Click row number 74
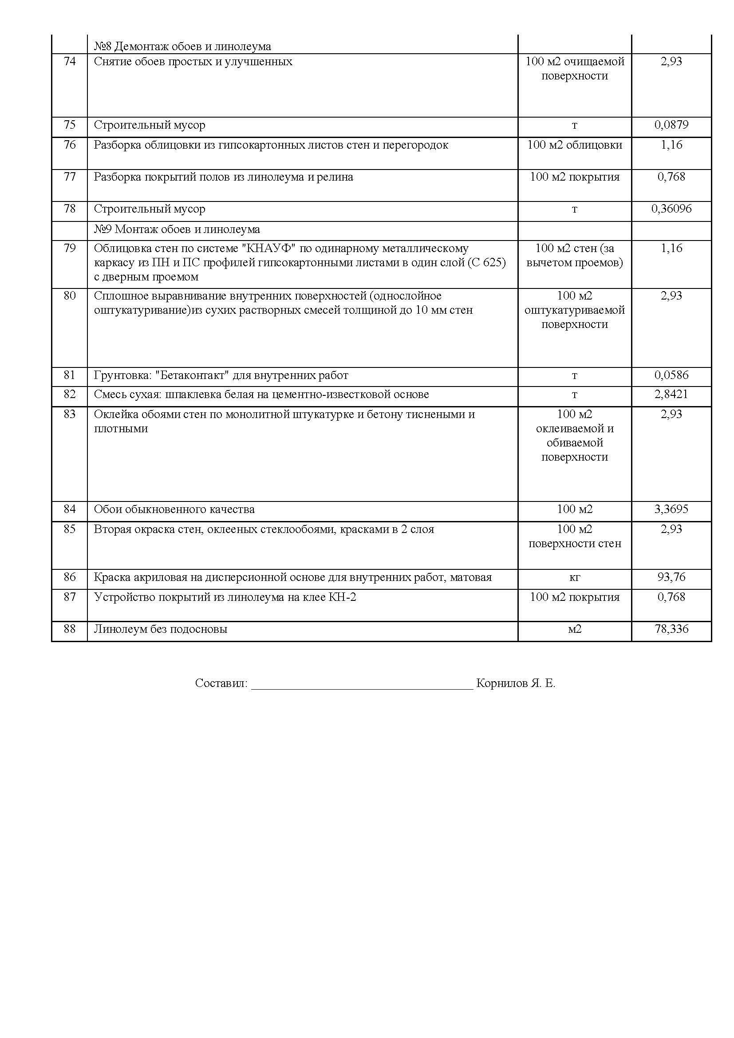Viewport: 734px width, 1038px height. pyautogui.click(x=70, y=62)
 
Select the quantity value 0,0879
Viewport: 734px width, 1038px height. pyautogui.click(x=671, y=125)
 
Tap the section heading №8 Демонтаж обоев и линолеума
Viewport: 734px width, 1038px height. pyautogui.click(x=182, y=46)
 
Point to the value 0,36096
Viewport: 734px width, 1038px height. pyautogui.click(x=671, y=209)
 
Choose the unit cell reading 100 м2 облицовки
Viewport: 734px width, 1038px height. pyautogui.click(x=574, y=145)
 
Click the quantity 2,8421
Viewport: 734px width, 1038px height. pyautogui.click(x=671, y=394)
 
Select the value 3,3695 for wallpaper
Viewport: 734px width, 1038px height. pyautogui.click(x=671, y=509)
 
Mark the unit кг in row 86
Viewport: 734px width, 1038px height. pyautogui.click(x=574, y=577)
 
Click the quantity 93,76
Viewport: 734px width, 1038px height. pyautogui.click(x=671, y=577)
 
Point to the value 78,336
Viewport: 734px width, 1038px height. pyautogui.click(x=671, y=629)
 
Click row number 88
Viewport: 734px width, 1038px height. pyautogui.click(x=70, y=629)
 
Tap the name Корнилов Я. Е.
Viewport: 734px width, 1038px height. pyautogui.click(x=515, y=683)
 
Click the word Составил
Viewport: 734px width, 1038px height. pyautogui.click(x=221, y=683)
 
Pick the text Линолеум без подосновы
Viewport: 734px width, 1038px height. pyautogui.click(x=161, y=629)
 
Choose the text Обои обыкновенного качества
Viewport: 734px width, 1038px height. pyautogui.click(x=174, y=509)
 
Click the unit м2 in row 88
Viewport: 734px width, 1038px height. pyautogui.click(x=574, y=629)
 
